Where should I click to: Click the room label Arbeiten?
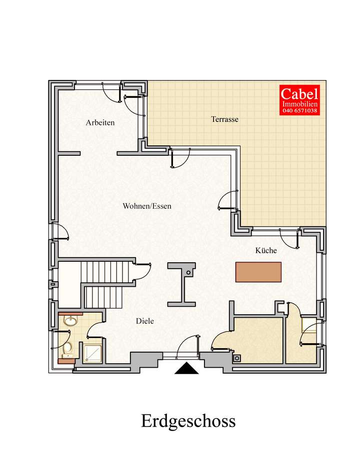[100, 122]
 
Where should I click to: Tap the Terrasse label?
[224, 119]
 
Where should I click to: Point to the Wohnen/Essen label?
[147, 206]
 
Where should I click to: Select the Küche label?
[266, 250]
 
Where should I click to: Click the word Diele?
[145, 321]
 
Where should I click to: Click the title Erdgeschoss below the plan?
[188, 421]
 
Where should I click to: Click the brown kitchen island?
[258, 272]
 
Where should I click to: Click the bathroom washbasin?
[69, 321]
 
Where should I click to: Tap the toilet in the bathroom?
[67, 347]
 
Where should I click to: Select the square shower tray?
[92, 353]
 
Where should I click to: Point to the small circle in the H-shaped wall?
[187, 273]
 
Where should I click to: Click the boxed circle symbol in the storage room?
[237, 358]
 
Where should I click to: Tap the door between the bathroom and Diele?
[93, 330]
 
